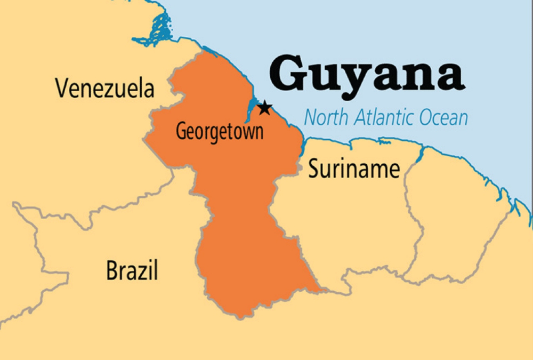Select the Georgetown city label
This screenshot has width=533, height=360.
click(x=220, y=131)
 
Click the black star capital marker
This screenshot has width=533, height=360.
click(x=264, y=109)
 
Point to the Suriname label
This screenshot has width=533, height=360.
click(x=354, y=169)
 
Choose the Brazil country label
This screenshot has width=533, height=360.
click(x=132, y=270)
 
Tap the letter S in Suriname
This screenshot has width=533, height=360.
click(x=314, y=169)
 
